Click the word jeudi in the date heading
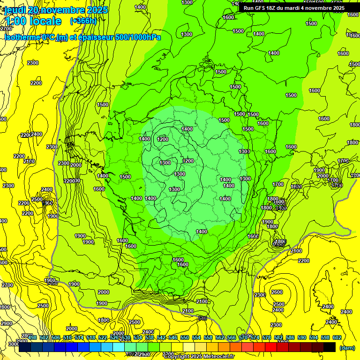15,10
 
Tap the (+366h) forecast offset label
82,21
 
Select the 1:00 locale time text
32,21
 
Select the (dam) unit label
346,348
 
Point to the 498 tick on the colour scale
32,337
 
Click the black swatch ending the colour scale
330,347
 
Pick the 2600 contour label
277,292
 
